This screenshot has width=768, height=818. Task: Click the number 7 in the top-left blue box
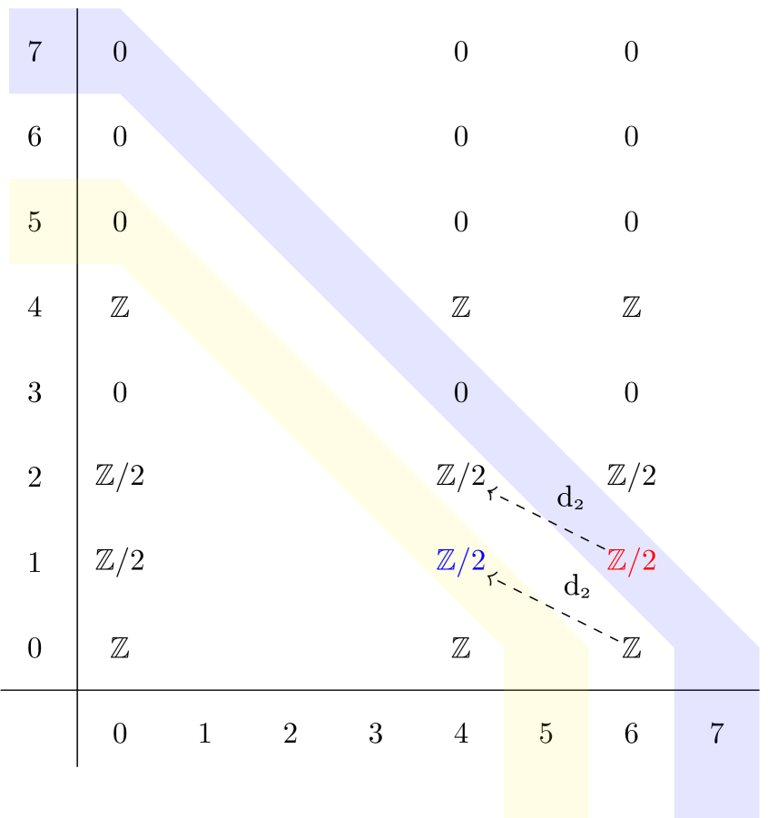pyautogui.click(x=34, y=53)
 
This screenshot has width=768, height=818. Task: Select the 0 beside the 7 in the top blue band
pyautogui.click(x=120, y=53)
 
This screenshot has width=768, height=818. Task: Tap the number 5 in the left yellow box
pyautogui.click(x=34, y=222)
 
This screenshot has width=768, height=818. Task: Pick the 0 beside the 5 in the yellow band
pyautogui.click(x=120, y=222)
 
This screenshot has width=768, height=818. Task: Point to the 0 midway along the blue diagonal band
pyautogui.click(x=461, y=393)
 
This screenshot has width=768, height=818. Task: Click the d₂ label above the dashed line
pyautogui.click(x=569, y=498)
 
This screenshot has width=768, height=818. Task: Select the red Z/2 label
pyautogui.click(x=631, y=561)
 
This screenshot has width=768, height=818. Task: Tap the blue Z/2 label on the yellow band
pyautogui.click(x=461, y=561)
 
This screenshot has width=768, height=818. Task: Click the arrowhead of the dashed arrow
pyautogui.click(x=490, y=577)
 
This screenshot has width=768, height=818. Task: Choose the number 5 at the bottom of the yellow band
pyautogui.click(x=546, y=734)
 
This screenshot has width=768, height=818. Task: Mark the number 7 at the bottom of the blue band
pyautogui.click(x=716, y=734)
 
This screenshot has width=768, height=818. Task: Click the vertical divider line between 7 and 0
pyautogui.click(x=77, y=51)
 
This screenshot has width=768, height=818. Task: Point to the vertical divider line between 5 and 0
pyautogui.click(x=77, y=222)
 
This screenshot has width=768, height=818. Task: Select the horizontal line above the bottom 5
pyautogui.click(x=546, y=690)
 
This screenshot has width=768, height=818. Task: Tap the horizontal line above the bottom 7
pyautogui.click(x=716, y=690)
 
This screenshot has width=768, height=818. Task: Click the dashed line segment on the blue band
pyautogui.click(x=576, y=536)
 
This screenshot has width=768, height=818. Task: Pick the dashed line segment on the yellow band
pyautogui.click(x=522, y=592)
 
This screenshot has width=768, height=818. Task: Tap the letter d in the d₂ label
pyautogui.click(x=565, y=497)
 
